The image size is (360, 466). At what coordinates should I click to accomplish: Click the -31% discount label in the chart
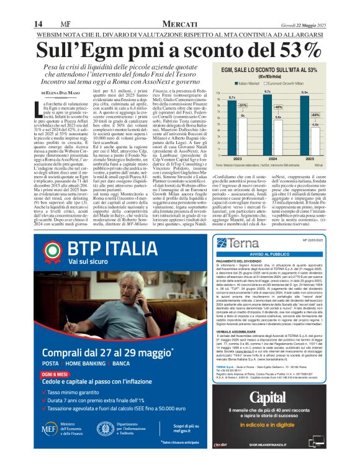click(x=243, y=105)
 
